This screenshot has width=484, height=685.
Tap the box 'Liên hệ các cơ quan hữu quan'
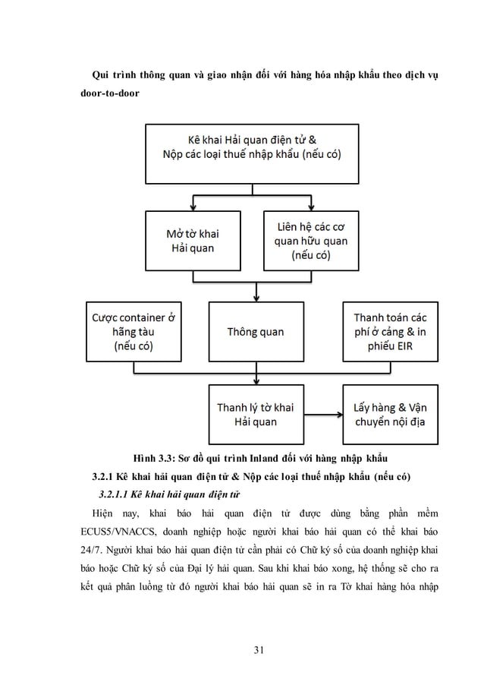click(310, 240)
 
